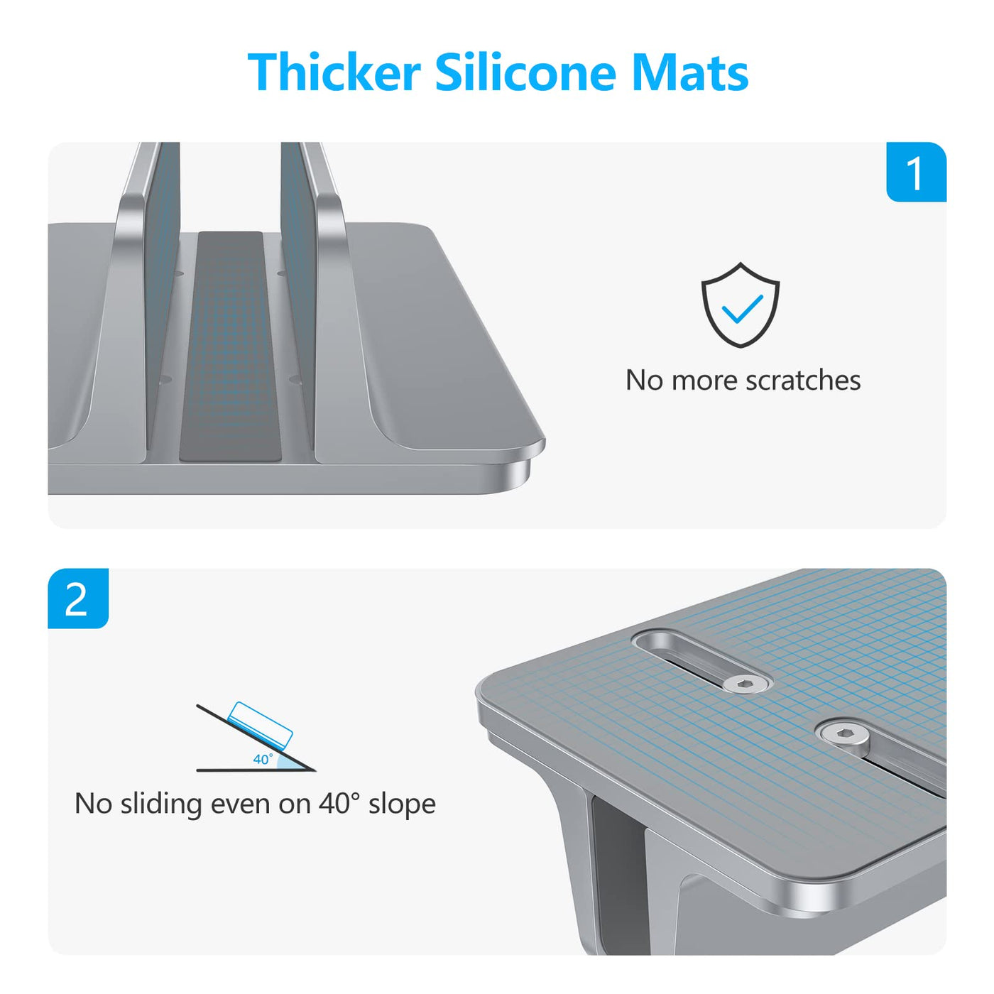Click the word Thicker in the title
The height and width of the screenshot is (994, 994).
point(334,72)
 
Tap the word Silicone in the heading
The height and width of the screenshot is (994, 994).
point(526,72)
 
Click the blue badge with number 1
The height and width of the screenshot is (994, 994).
point(916,173)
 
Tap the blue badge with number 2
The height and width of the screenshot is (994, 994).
point(78,599)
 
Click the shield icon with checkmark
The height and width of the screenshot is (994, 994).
point(740,305)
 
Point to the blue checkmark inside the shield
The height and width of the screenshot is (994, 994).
point(742,308)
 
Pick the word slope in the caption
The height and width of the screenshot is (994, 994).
point(402,804)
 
